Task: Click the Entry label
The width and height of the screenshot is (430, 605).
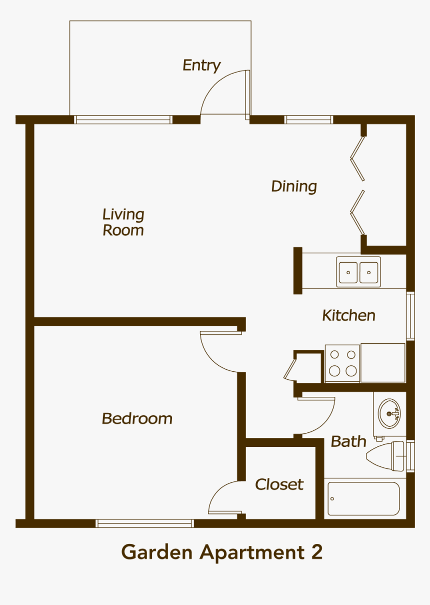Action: coord(201,66)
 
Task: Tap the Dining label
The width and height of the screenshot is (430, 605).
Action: coord(294,187)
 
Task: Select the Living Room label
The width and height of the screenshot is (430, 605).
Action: coord(123,222)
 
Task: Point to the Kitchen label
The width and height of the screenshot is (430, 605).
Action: coord(348,316)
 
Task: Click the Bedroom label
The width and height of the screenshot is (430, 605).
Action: coord(137,418)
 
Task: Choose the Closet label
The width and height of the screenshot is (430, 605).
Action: coord(279,484)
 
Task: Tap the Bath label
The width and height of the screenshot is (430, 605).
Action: coord(348,441)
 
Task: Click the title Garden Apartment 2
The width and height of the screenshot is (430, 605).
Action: coord(221,552)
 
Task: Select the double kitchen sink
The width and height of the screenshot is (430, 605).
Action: coord(358,272)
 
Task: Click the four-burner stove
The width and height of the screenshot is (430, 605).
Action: coord(342,363)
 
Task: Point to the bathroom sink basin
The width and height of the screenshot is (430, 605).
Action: coord(389,413)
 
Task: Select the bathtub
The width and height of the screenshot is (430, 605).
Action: coord(362,498)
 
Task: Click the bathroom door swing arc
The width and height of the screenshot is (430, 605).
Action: coord(320,418)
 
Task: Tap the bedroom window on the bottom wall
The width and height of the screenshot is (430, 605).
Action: coord(144,523)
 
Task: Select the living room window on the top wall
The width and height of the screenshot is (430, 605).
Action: coord(123,120)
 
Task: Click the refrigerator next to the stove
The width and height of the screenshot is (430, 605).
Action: coord(382,362)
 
